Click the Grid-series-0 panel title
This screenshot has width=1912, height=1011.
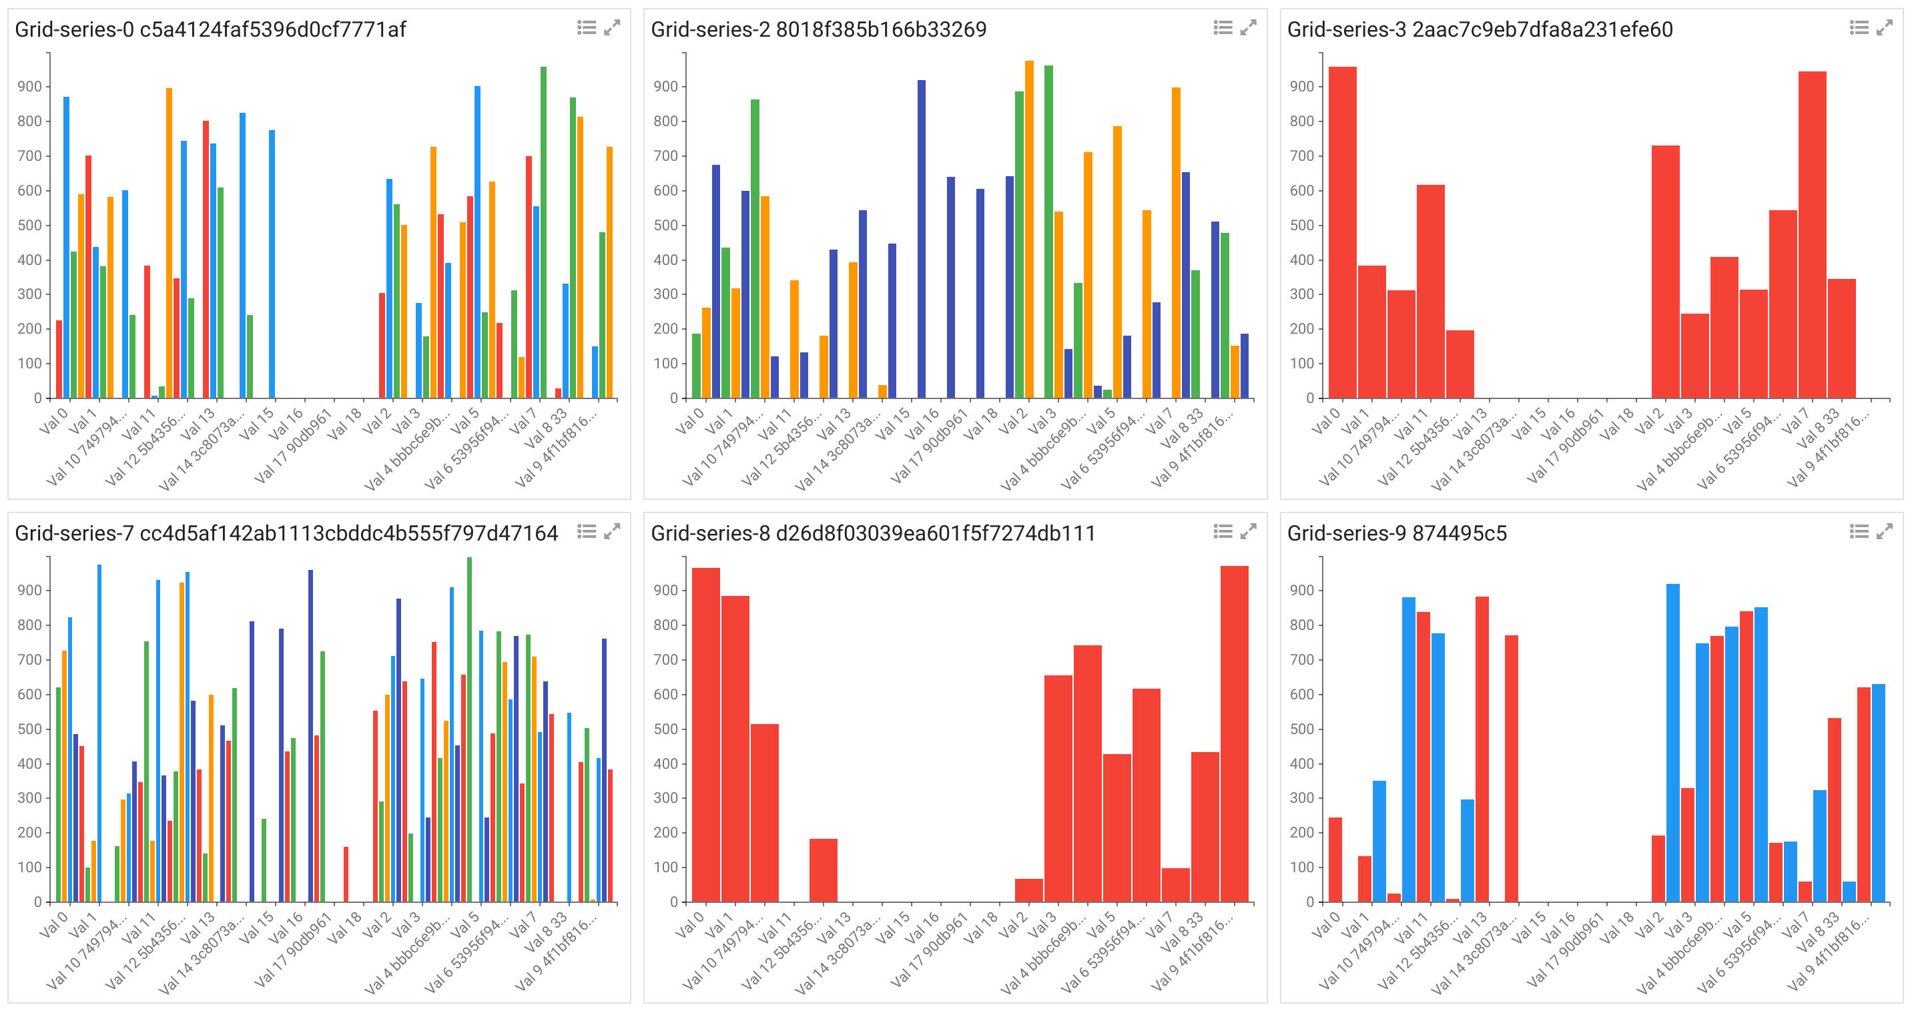coord(210,29)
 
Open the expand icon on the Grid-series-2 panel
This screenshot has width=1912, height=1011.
coord(1249,28)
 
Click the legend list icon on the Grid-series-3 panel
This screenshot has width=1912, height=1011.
coord(1859,28)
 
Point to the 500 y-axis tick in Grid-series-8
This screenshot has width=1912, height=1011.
coord(666,729)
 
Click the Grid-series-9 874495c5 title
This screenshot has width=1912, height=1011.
coord(1396,534)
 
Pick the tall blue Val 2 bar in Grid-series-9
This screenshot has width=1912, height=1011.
coord(1673,742)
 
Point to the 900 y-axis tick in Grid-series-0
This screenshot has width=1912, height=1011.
coord(29,87)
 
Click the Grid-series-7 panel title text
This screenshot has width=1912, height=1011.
coord(286,534)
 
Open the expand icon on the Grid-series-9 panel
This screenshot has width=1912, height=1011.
coord(1885,531)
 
